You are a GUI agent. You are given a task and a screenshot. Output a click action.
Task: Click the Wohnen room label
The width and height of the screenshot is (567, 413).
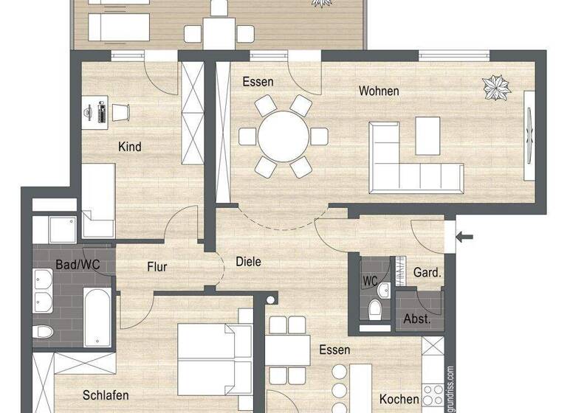[379, 91]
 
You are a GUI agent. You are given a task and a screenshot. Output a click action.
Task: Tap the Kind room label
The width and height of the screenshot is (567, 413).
[129, 147]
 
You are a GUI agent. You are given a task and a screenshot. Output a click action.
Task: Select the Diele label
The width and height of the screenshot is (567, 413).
[248, 261]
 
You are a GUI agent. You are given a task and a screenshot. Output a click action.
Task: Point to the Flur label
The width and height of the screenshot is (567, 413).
[157, 267]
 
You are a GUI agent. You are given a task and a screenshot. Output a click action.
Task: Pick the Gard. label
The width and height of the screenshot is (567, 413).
[427, 272]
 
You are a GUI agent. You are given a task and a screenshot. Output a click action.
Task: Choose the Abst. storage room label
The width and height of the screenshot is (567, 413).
[417, 319]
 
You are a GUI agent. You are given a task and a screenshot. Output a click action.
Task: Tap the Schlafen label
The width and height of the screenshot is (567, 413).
[106, 395]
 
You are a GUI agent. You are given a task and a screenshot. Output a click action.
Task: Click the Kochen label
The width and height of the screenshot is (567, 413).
[399, 399]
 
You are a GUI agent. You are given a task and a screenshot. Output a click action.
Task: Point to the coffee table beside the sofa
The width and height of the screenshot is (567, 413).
[427, 136]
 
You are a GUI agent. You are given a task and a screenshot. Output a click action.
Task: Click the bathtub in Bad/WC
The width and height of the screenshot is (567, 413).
[97, 318]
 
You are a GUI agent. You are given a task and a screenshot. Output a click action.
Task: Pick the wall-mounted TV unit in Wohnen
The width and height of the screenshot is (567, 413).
[529, 134]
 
